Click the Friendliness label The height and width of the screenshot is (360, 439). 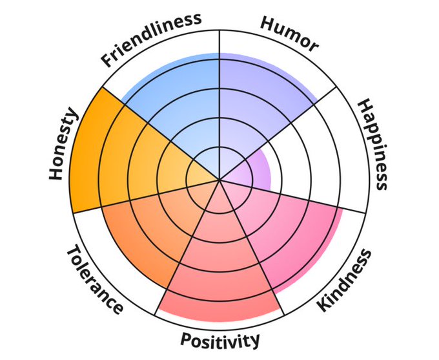coord(151,39)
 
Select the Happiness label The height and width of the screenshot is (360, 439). coord(373,145)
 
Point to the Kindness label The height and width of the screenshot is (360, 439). coord(344,281)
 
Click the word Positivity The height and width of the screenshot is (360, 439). coord(219,340)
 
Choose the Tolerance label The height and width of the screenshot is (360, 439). coord(95,279)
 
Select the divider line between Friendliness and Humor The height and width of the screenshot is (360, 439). coord(219,105)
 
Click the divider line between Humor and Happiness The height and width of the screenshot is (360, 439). coord(278,133)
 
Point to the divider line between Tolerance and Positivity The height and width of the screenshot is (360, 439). coord(187,247)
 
